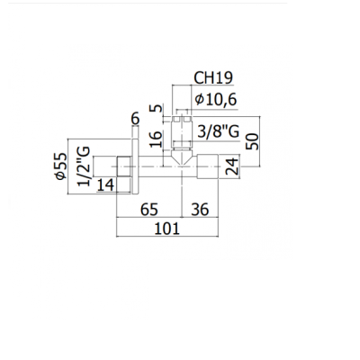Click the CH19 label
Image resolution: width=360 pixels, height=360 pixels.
[x=213, y=77]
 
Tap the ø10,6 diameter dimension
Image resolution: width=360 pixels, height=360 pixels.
[x=216, y=99]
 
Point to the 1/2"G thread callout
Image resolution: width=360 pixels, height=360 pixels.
[x=84, y=166]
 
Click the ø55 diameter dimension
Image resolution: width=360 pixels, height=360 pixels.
[x=61, y=166]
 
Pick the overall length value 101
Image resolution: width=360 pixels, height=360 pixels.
[x=167, y=229]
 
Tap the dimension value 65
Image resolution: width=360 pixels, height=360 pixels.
[x=149, y=209]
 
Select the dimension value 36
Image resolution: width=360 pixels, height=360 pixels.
[x=200, y=209]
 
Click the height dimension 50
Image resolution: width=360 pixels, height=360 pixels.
[x=252, y=141]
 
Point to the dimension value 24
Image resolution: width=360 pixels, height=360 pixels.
[x=232, y=166]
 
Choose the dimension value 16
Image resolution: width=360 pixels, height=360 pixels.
[x=156, y=139]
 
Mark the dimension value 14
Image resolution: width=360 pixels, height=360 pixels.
[x=105, y=185]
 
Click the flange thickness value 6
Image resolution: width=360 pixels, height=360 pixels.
[x=136, y=119]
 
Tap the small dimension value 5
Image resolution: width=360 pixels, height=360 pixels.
[x=156, y=108]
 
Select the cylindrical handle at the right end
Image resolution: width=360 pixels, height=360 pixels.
[x=208, y=166]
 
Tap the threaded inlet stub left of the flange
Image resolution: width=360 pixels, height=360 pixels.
[x=123, y=166]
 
